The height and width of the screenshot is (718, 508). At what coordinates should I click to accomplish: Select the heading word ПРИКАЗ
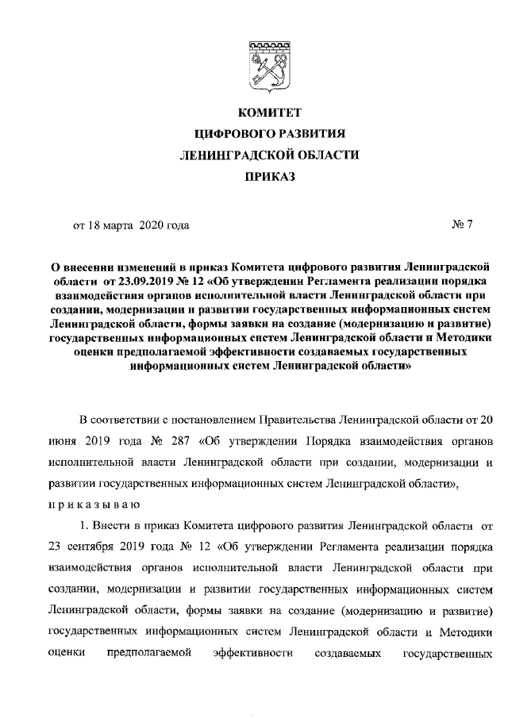pos(269,177)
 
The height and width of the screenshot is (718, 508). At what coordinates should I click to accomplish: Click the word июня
pos(63,439)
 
